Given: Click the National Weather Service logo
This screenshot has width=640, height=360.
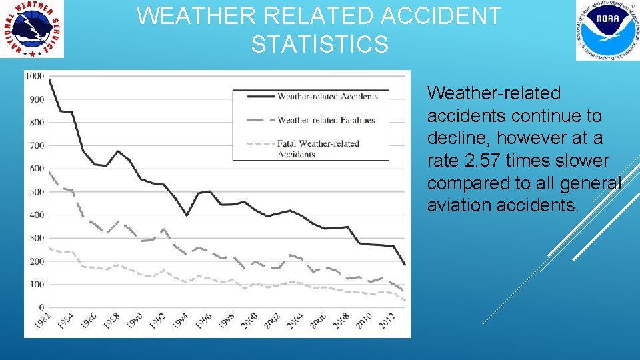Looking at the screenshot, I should (33, 29).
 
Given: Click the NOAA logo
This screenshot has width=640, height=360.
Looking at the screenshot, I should (607, 30).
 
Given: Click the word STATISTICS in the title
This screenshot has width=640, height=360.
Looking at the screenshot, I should (319, 45).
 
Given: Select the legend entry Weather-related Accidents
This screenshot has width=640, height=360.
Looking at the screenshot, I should (327, 96).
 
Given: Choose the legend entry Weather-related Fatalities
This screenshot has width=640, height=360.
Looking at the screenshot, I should (326, 120).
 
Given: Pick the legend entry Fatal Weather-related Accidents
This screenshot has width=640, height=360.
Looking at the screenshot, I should (318, 149).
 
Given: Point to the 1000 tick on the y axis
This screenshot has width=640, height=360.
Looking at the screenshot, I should (35, 76).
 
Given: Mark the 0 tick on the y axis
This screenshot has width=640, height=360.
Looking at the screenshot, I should (41, 307).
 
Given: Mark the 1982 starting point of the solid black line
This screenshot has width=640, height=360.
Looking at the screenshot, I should (49, 79).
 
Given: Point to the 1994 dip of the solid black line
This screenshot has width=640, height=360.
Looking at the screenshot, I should (187, 215).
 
